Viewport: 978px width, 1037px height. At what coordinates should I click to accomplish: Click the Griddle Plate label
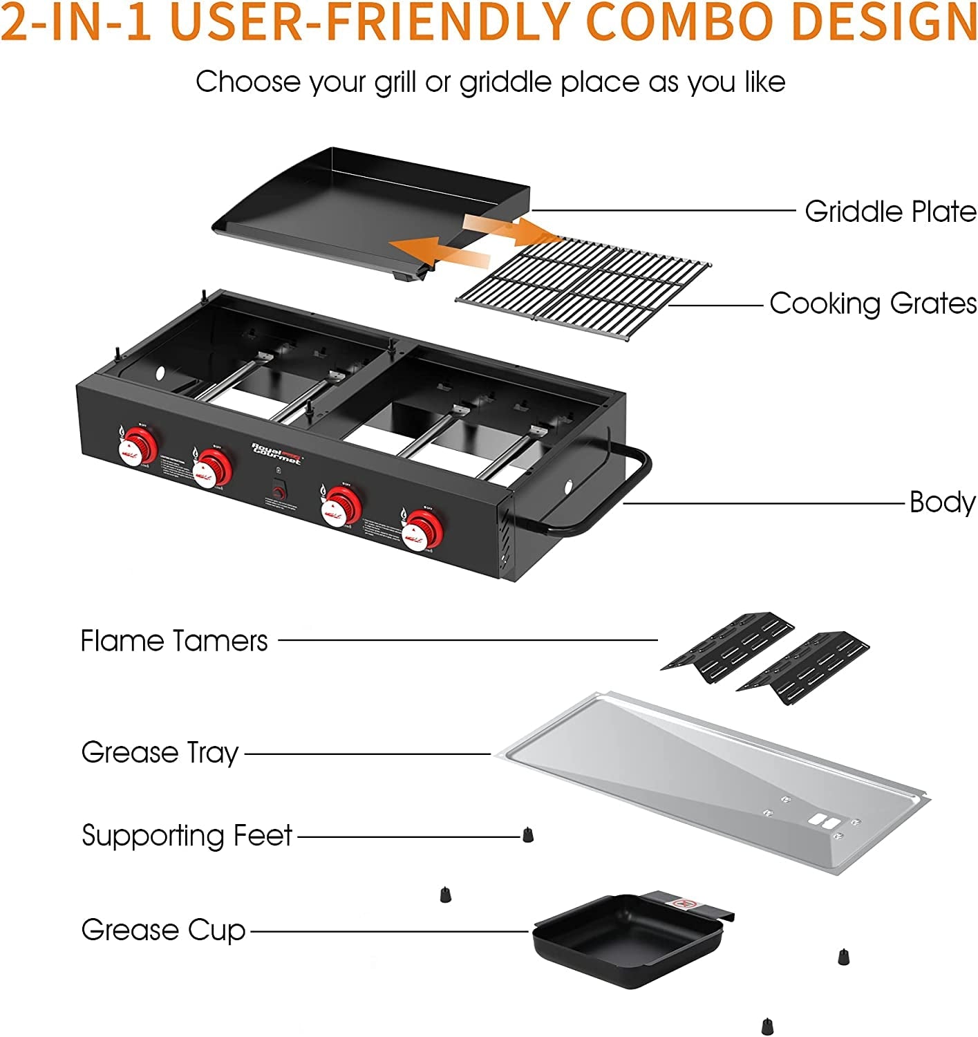(x=890, y=212)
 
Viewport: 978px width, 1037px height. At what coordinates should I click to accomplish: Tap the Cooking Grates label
(x=873, y=304)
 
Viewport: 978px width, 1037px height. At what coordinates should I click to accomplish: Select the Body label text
(x=942, y=503)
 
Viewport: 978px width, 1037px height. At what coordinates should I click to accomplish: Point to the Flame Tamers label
(x=174, y=642)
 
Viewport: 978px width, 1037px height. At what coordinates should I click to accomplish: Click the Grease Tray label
(x=160, y=753)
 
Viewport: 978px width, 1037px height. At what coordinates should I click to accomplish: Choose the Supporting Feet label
(x=187, y=836)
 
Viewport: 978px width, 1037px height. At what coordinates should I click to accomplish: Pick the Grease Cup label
(x=163, y=931)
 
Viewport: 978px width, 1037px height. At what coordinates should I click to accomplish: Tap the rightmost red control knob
(x=421, y=530)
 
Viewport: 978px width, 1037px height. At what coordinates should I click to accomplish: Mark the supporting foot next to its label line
(x=528, y=834)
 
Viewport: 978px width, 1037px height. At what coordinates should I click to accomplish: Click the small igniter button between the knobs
(x=279, y=494)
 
